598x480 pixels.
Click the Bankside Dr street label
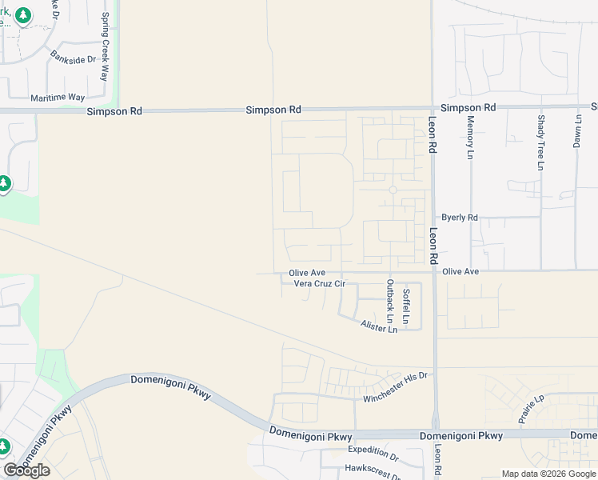[73, 58]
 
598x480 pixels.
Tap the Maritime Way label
[58, 98]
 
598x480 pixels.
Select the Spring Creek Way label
[104, 47]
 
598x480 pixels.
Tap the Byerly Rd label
[460, 218]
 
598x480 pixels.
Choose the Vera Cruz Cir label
[319, 283]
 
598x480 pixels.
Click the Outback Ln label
[390, 306]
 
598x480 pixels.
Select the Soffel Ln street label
[406, 307]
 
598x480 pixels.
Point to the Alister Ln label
[379, 328]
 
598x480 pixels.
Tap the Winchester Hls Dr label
[396, 387]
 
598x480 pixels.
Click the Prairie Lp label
[530, 408]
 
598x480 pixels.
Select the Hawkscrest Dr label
[372, 470]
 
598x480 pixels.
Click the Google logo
[26, 470]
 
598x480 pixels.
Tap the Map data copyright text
[548, 474]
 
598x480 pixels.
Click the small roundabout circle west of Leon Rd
[393, 190]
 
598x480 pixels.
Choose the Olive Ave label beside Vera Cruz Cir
[307, 273]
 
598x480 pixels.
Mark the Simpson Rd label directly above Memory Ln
[468, 107]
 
